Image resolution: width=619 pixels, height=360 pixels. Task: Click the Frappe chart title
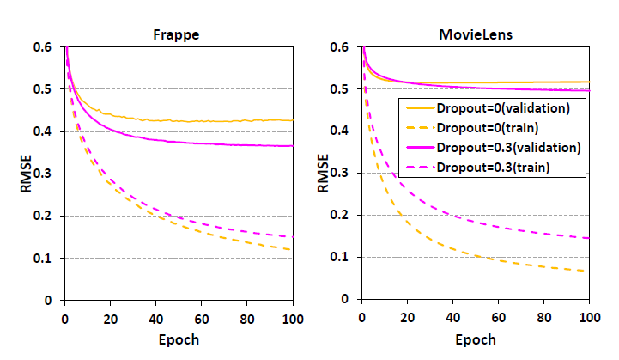[179, 35]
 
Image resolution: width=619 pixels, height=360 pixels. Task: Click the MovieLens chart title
[476, 35]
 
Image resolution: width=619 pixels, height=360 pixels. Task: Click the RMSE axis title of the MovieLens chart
[324, 173]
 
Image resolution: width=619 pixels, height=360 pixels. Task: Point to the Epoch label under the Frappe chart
[179, 339]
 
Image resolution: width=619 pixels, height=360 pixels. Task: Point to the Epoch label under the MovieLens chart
[476, 339]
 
